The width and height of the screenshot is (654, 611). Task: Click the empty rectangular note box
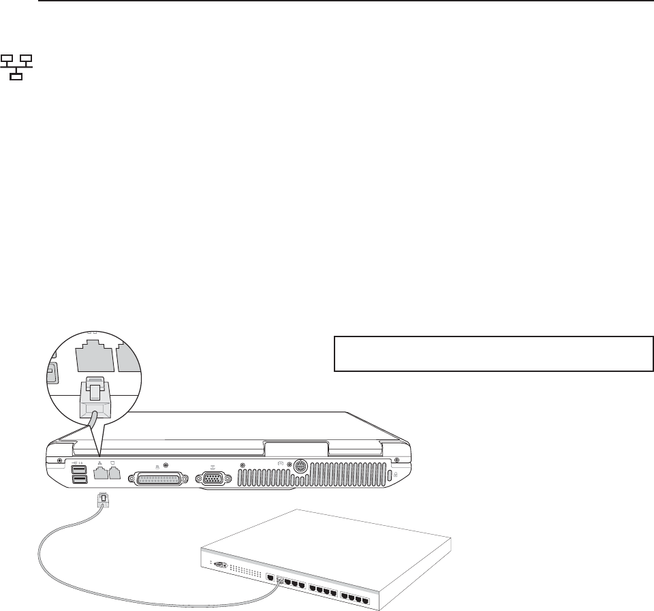pos(493,353)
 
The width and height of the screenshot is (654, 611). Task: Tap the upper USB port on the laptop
pos(78,469)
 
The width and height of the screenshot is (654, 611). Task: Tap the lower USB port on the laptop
pos(78,481)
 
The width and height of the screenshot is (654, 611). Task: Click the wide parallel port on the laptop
pos(159,480)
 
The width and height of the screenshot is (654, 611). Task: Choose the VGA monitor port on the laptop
pos(212,479)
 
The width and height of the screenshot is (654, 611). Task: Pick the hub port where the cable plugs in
pos(279,581)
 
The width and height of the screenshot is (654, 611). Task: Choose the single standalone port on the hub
pos(270,578)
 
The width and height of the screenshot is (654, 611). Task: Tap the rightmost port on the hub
pos(366,603)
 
